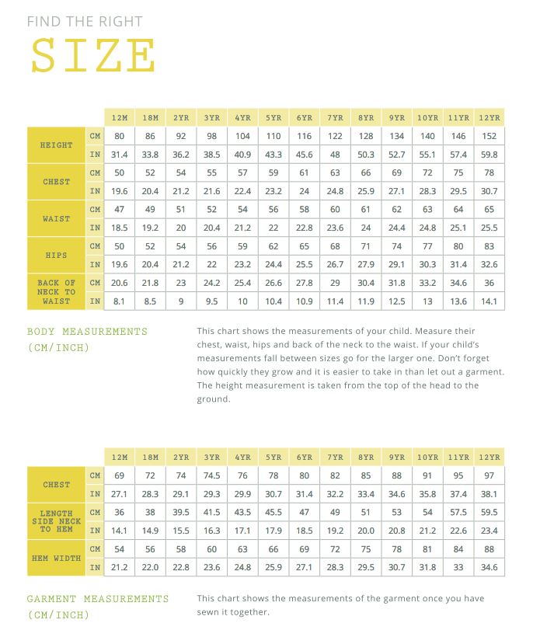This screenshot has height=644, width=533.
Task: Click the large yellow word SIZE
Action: (x=92, y=55)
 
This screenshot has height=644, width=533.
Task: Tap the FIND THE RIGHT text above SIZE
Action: (x=85, y=22)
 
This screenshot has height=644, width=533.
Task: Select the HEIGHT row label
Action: (x=57, y=145)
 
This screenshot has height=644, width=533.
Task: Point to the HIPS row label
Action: (x=57, y=255)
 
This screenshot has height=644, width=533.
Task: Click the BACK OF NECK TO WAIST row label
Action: (x=57, y=292)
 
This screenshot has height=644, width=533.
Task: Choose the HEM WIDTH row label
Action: (x=57, y=558)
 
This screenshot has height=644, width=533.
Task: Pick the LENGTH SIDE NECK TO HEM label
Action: (x=57, y=521)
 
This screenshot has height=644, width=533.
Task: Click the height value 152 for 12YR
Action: (x=489, y=136)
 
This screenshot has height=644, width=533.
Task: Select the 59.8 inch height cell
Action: (x=489, y=155)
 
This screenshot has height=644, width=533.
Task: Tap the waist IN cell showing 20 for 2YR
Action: (x=181, y=228)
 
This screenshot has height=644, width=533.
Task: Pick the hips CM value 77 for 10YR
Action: (x=427, y=245)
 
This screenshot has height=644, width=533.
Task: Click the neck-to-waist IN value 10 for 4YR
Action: (x=242, y=301)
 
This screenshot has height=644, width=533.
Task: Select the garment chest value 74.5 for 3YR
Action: (x=211, y=475)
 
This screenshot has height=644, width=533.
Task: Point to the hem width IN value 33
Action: (x=458, y=567)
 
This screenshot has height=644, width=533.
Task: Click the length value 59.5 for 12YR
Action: (x=489, y=513)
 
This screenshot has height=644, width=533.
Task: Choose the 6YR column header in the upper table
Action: (x=304, y=118)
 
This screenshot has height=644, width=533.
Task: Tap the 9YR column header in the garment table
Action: (x=397, y=458)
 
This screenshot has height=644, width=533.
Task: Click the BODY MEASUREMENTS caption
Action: (x=87, y=332)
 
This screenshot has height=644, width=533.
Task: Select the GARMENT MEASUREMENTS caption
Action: (x=98, y=599)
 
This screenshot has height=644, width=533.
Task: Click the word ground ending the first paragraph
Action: (x=214, y=399)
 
